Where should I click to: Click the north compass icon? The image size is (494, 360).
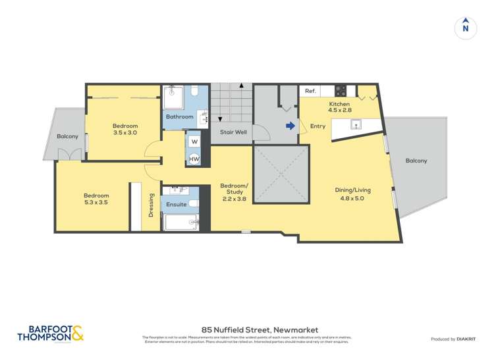pyautogui.click(x=466, y=28)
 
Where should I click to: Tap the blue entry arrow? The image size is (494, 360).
pyautogui.click(x=290, y=126)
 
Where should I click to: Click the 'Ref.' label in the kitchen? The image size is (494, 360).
pyautogui.click(x=310, y=91)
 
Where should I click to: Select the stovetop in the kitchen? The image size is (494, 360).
pyautogui.click(x=341, y=90)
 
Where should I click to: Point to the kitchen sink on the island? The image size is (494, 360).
pyautogui.click(x=355, y=124)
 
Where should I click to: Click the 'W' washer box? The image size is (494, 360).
pyautogui.click(x=194, y=141)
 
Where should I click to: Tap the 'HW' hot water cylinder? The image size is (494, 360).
pyautogui.click(x=194, y=159)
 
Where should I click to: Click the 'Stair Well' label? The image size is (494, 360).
pyautogui.click(x=233, y=132)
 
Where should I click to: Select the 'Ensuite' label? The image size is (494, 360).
pyautogui.click(x=176, y=204)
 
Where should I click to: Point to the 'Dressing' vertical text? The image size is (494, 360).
pyautogui.click(x=151, y=204)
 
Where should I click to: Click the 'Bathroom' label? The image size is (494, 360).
pyautogui.click(x=179, y=116)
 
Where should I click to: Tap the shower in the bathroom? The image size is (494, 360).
pyautogui.click(x=175, y=97)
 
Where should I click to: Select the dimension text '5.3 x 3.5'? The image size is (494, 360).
pyautogui.click(x=96, y=203)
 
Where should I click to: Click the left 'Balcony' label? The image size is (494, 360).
pyautogui.click(x=67, y=136)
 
